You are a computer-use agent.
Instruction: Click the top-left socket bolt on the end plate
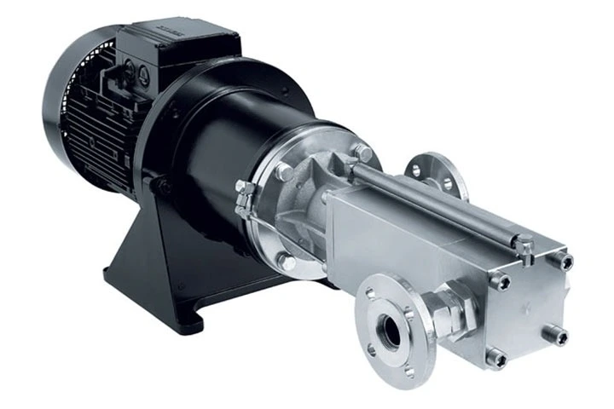click(x=503, y=282)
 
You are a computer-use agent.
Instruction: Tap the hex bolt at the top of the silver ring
click(x=365, y=154)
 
